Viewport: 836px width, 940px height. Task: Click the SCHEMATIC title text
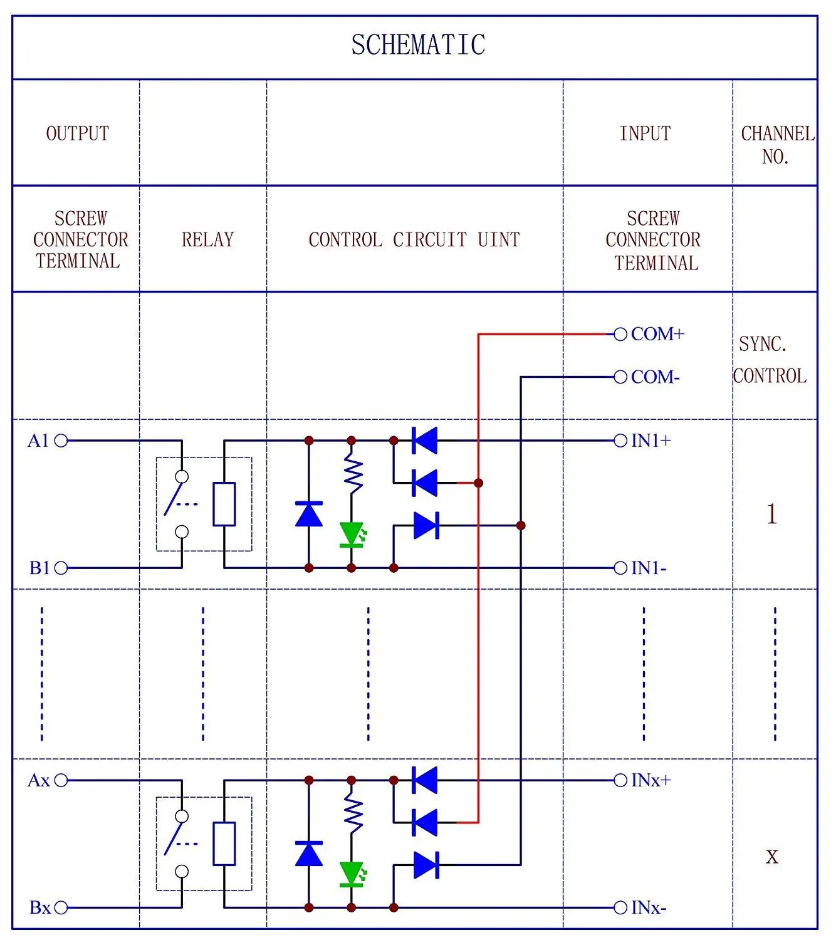(418, 45)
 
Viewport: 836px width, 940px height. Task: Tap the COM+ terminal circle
(620, 335)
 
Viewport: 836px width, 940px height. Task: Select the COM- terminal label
(655, 377)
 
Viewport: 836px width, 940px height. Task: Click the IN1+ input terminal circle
(620, 441)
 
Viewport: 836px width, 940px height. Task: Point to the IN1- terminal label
(649, 568)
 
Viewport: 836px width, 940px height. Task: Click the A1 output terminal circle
(61, 441)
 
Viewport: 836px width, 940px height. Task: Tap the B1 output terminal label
(39, 568)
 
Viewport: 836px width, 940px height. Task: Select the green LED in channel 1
(352, 535)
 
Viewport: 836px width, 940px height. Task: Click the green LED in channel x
(352, 874)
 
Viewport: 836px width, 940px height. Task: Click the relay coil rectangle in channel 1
(224, 504)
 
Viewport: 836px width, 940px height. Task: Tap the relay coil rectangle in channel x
(224, 843)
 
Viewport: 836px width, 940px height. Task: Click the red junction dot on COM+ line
(478, 483)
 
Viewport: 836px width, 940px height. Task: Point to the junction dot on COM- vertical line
(521, 525)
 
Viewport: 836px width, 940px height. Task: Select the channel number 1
(771, 514)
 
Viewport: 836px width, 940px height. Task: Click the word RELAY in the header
(207, 239)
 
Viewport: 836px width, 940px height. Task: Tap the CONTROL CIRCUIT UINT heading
(414, 239)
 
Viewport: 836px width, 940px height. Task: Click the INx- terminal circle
(620, 907)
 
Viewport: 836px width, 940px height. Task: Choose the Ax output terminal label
(38, 781)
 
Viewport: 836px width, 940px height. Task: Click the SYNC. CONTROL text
(770, 360)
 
